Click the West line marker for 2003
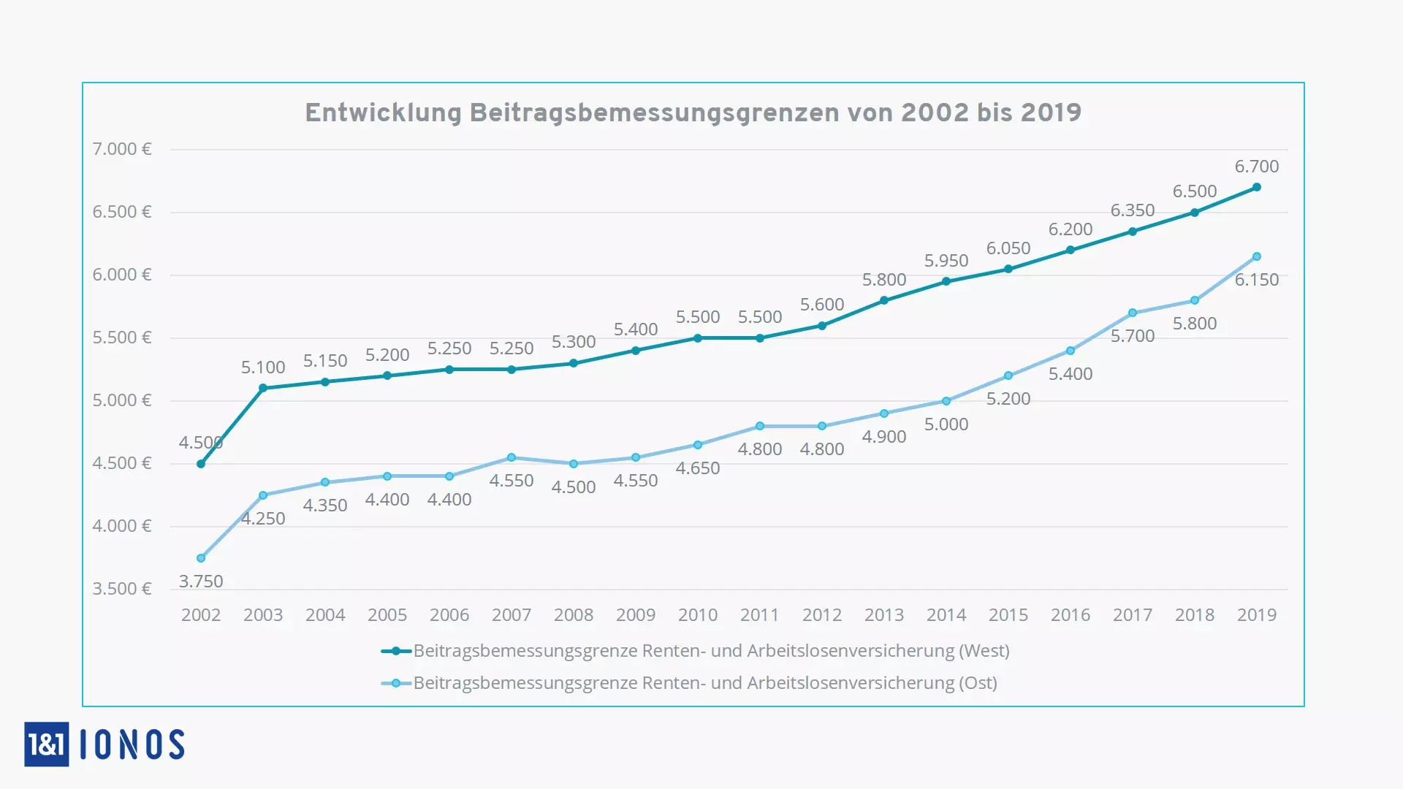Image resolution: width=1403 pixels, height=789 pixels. click(263, 388)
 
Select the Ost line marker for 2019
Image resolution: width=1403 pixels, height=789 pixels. click(1257, 256)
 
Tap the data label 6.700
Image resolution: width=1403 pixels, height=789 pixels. click(1257, 167)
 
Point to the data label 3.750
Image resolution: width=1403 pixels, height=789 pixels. click(201, 582)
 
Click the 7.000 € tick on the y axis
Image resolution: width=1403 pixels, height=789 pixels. click(121, 149)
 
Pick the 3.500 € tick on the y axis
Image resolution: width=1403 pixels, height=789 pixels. click(121, 589)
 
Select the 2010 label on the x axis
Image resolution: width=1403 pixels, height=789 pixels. click(698, 615)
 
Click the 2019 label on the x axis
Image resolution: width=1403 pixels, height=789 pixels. click(1257, 615)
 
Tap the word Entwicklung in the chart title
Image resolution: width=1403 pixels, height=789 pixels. click(383, 113)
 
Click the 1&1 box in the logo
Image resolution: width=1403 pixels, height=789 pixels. click(47, 744)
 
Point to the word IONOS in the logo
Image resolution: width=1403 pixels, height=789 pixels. click(132, 744)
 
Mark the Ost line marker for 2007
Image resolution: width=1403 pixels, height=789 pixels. click(512, 457)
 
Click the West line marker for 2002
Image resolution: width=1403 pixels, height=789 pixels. click(201, 464)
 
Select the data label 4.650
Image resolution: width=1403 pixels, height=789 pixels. click(698, 468)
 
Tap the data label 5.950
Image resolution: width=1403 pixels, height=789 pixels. click(946, 261)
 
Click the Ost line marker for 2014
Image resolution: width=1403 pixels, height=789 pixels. click(946, 401)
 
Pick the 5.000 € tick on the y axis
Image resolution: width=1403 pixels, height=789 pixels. click(121, 400)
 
